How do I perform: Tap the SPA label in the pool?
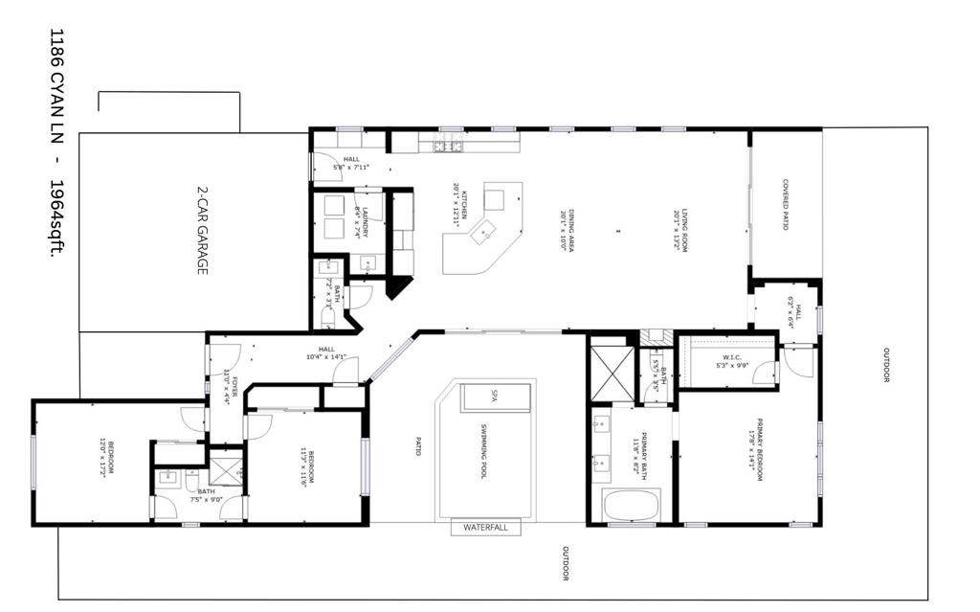click(496, 396)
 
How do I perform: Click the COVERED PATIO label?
click(785, 204)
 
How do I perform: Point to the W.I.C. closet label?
click(727, 362)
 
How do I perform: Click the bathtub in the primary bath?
click(633, 505)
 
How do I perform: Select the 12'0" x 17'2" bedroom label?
click(106, 457)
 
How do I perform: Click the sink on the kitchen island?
click(487, 229)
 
